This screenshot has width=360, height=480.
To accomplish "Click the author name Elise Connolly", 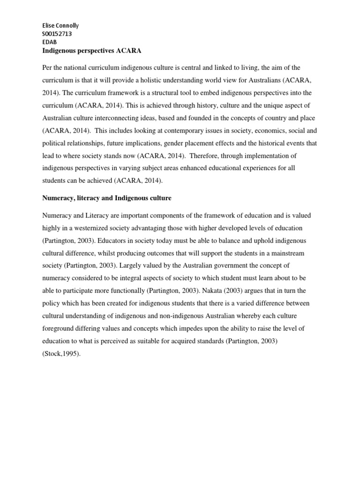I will click(x=59, y=25).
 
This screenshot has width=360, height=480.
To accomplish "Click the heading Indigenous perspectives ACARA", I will click(x=91, y=51).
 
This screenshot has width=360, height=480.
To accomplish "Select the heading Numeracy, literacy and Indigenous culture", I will click(x=106, y=198).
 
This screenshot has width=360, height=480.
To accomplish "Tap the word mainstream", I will click(x=286, y=253).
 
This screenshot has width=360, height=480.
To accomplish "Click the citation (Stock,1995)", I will click(x=61, y=354).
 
